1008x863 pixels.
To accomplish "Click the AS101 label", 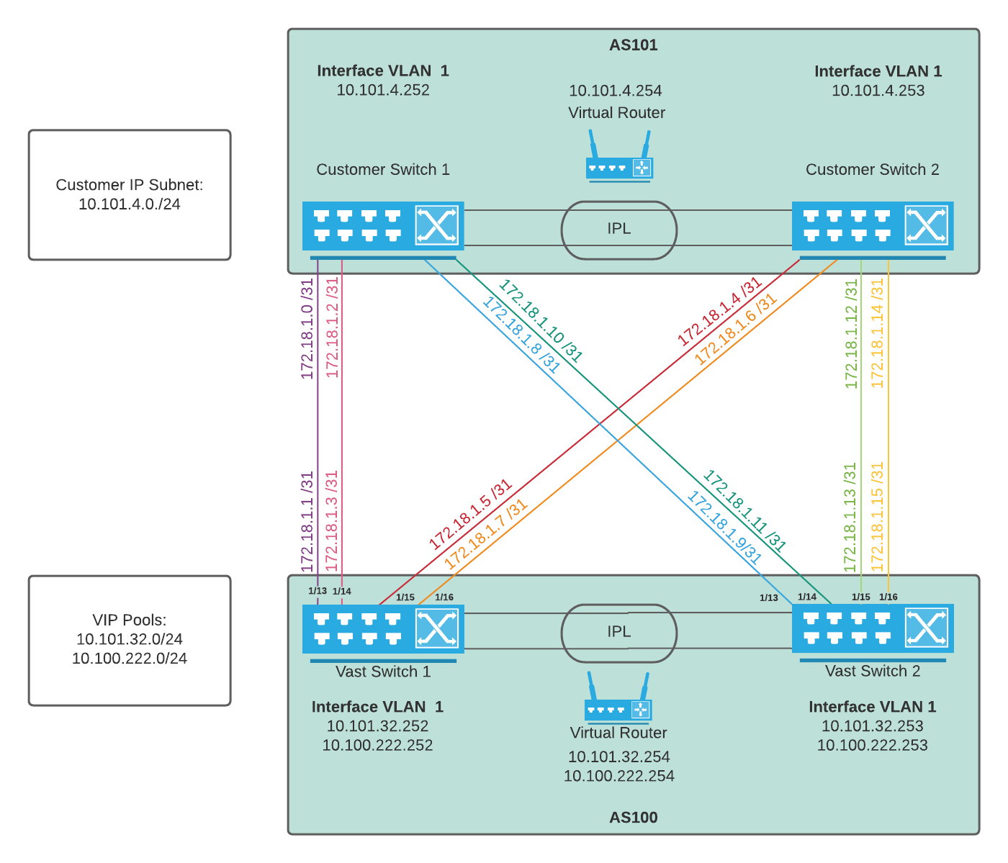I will pyautogui.click(x=633, y=45).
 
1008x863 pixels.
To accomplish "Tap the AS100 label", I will pyautogui.click(x=633, y=818).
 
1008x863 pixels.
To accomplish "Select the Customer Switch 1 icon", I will pyautogui.click(x=383, y=226).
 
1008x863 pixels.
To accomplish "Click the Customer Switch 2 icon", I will pyautogui.click(x=873, y=226).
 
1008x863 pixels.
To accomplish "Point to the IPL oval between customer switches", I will pyautogui.click(x=619, y=230).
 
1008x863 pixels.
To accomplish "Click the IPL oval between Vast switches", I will pyautogui.click(x=619, y=632).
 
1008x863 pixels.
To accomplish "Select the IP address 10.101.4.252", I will pyautogui.click(x=383, y=91).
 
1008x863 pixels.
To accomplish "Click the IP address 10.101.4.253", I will pyautogui.click(x=878, y=91).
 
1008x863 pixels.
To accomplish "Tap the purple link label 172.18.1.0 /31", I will pyautogui.click(x=307, y=329).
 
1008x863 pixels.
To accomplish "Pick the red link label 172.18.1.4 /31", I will pyautogui.click(x=719, y=312).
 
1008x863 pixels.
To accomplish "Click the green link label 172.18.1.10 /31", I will pyautogui.click(x=541, y=321).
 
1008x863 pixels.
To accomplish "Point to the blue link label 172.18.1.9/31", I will pyautogui.click(x=724, y=526).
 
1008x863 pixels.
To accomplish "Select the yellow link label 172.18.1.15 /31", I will pyautogui.click(x=877, y=517).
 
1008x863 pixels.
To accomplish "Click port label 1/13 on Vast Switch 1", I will pyautogui.click(x=318, y=591).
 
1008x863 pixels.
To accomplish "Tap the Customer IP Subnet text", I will pyautogui.click(x=130, y=185).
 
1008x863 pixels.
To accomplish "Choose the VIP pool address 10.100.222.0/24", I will pyautogui.click(x=130, y=659).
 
